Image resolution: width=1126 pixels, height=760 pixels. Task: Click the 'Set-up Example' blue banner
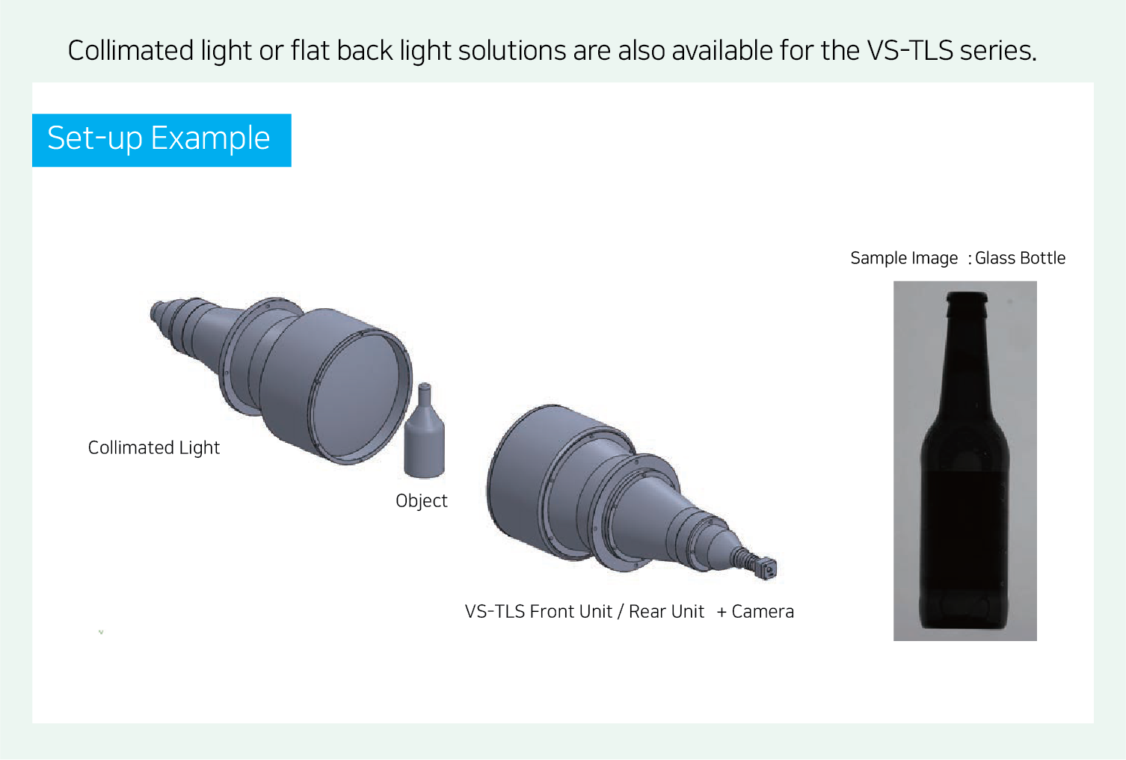pyautogui.click(x=161, y=140)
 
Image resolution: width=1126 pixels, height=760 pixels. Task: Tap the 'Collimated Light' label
pyautogui.click(x=154, y=447)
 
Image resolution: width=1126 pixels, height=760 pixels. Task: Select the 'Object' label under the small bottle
pyautogui.click(x=421, y=501)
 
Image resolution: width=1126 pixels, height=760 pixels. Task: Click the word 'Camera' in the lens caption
pyautogui.click(x=763, y=612)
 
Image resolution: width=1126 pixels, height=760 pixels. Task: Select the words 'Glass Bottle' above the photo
pyautogui.click(x=1020, y=258)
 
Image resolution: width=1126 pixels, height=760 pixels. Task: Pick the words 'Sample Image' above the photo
pyautogui.click(x=904, y=259)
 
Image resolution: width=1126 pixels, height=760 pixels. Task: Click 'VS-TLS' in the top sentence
pyautogui.click(x=909, y=50)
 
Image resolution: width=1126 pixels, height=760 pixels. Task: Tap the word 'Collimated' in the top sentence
pyautogui.click(x=131, y=50)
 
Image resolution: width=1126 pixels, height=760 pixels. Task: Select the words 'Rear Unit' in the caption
pyautogui.click(x=666, y=612)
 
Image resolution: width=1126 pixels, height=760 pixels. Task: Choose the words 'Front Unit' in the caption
pyautogui.click(x=571, y=612)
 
